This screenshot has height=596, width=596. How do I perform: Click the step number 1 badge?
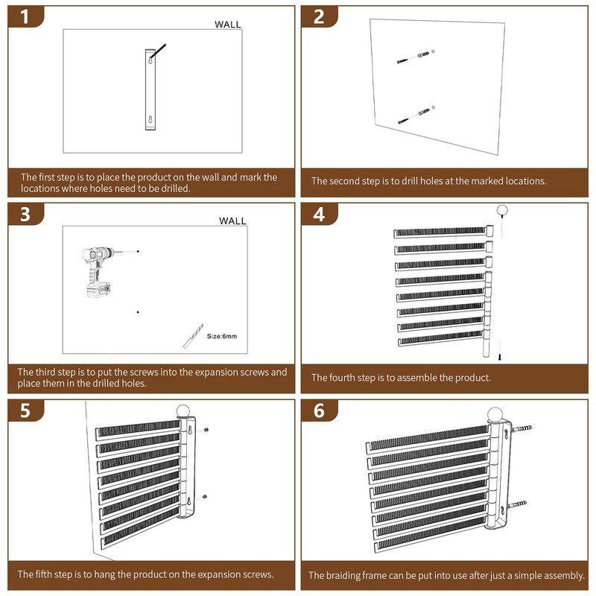[x=25, y=16]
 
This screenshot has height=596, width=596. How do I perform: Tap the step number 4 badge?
[x=319, y=214]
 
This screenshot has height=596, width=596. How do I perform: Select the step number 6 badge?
[x=319, y=410]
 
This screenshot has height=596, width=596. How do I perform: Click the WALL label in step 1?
[x=228, y=25]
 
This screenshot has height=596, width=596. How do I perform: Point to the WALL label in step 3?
[x=232, y=221]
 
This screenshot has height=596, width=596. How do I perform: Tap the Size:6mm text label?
[x=221, y=336]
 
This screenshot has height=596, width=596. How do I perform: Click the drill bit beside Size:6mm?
[x=194, y=336]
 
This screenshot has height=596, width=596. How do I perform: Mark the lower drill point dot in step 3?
[x=138, y=312]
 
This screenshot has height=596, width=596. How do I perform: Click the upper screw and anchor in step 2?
[x=416, y=57]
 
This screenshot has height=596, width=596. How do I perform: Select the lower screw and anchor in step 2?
[x=416, y=115]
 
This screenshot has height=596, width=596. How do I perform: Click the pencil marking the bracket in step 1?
[x=158, y=52]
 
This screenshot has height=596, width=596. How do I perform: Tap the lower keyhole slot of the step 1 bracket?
[x=150, y=120]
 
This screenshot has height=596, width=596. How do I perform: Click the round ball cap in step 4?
[x=502, y=210]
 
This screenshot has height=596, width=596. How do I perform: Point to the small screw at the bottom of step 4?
[x=500, y=357]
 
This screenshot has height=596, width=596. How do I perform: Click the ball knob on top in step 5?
[x=183, y=411]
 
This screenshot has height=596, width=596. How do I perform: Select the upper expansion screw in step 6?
[x=521, y=429]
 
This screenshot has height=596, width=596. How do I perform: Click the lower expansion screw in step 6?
[x=517, y=505]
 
